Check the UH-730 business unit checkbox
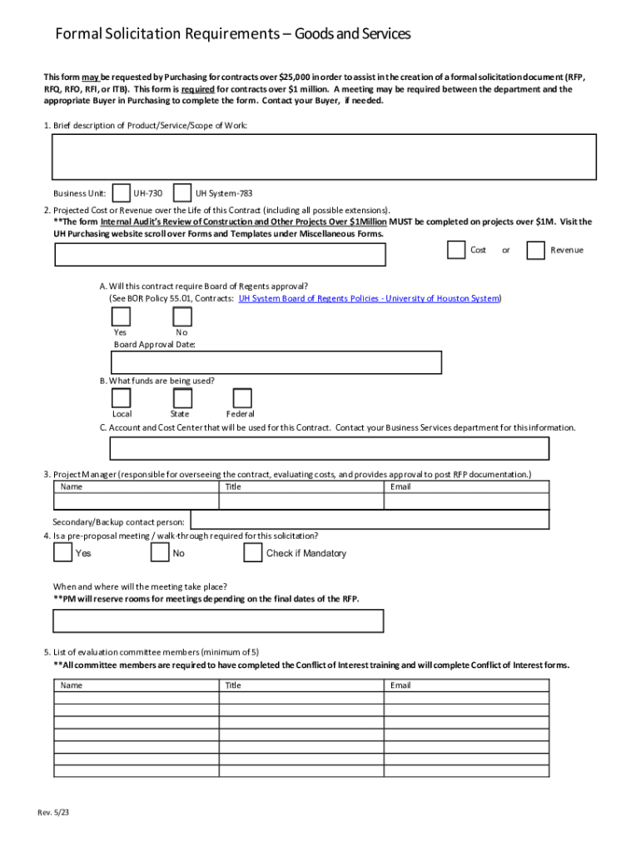coord(121,193)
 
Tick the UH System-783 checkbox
coord(182,193)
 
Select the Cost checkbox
coord(455,250)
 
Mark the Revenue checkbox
coord(536,250)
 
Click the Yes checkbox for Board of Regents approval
coord(121,317)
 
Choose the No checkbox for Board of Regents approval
coord(182,317)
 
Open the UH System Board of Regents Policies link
coord(369,298)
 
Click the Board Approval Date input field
coord(276,362)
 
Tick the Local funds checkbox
coord(121,398)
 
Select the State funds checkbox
coord(182,398)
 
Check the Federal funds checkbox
coord(242,398)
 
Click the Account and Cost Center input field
coord(329,448)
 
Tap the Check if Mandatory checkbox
coord(253,553)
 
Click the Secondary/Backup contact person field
coord(369,520)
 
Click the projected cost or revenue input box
coord(220,255)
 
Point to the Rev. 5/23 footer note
coord(53,812)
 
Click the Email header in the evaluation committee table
coord(400,686)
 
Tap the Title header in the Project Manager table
coord(233,486)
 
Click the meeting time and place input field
coord(218,621)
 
